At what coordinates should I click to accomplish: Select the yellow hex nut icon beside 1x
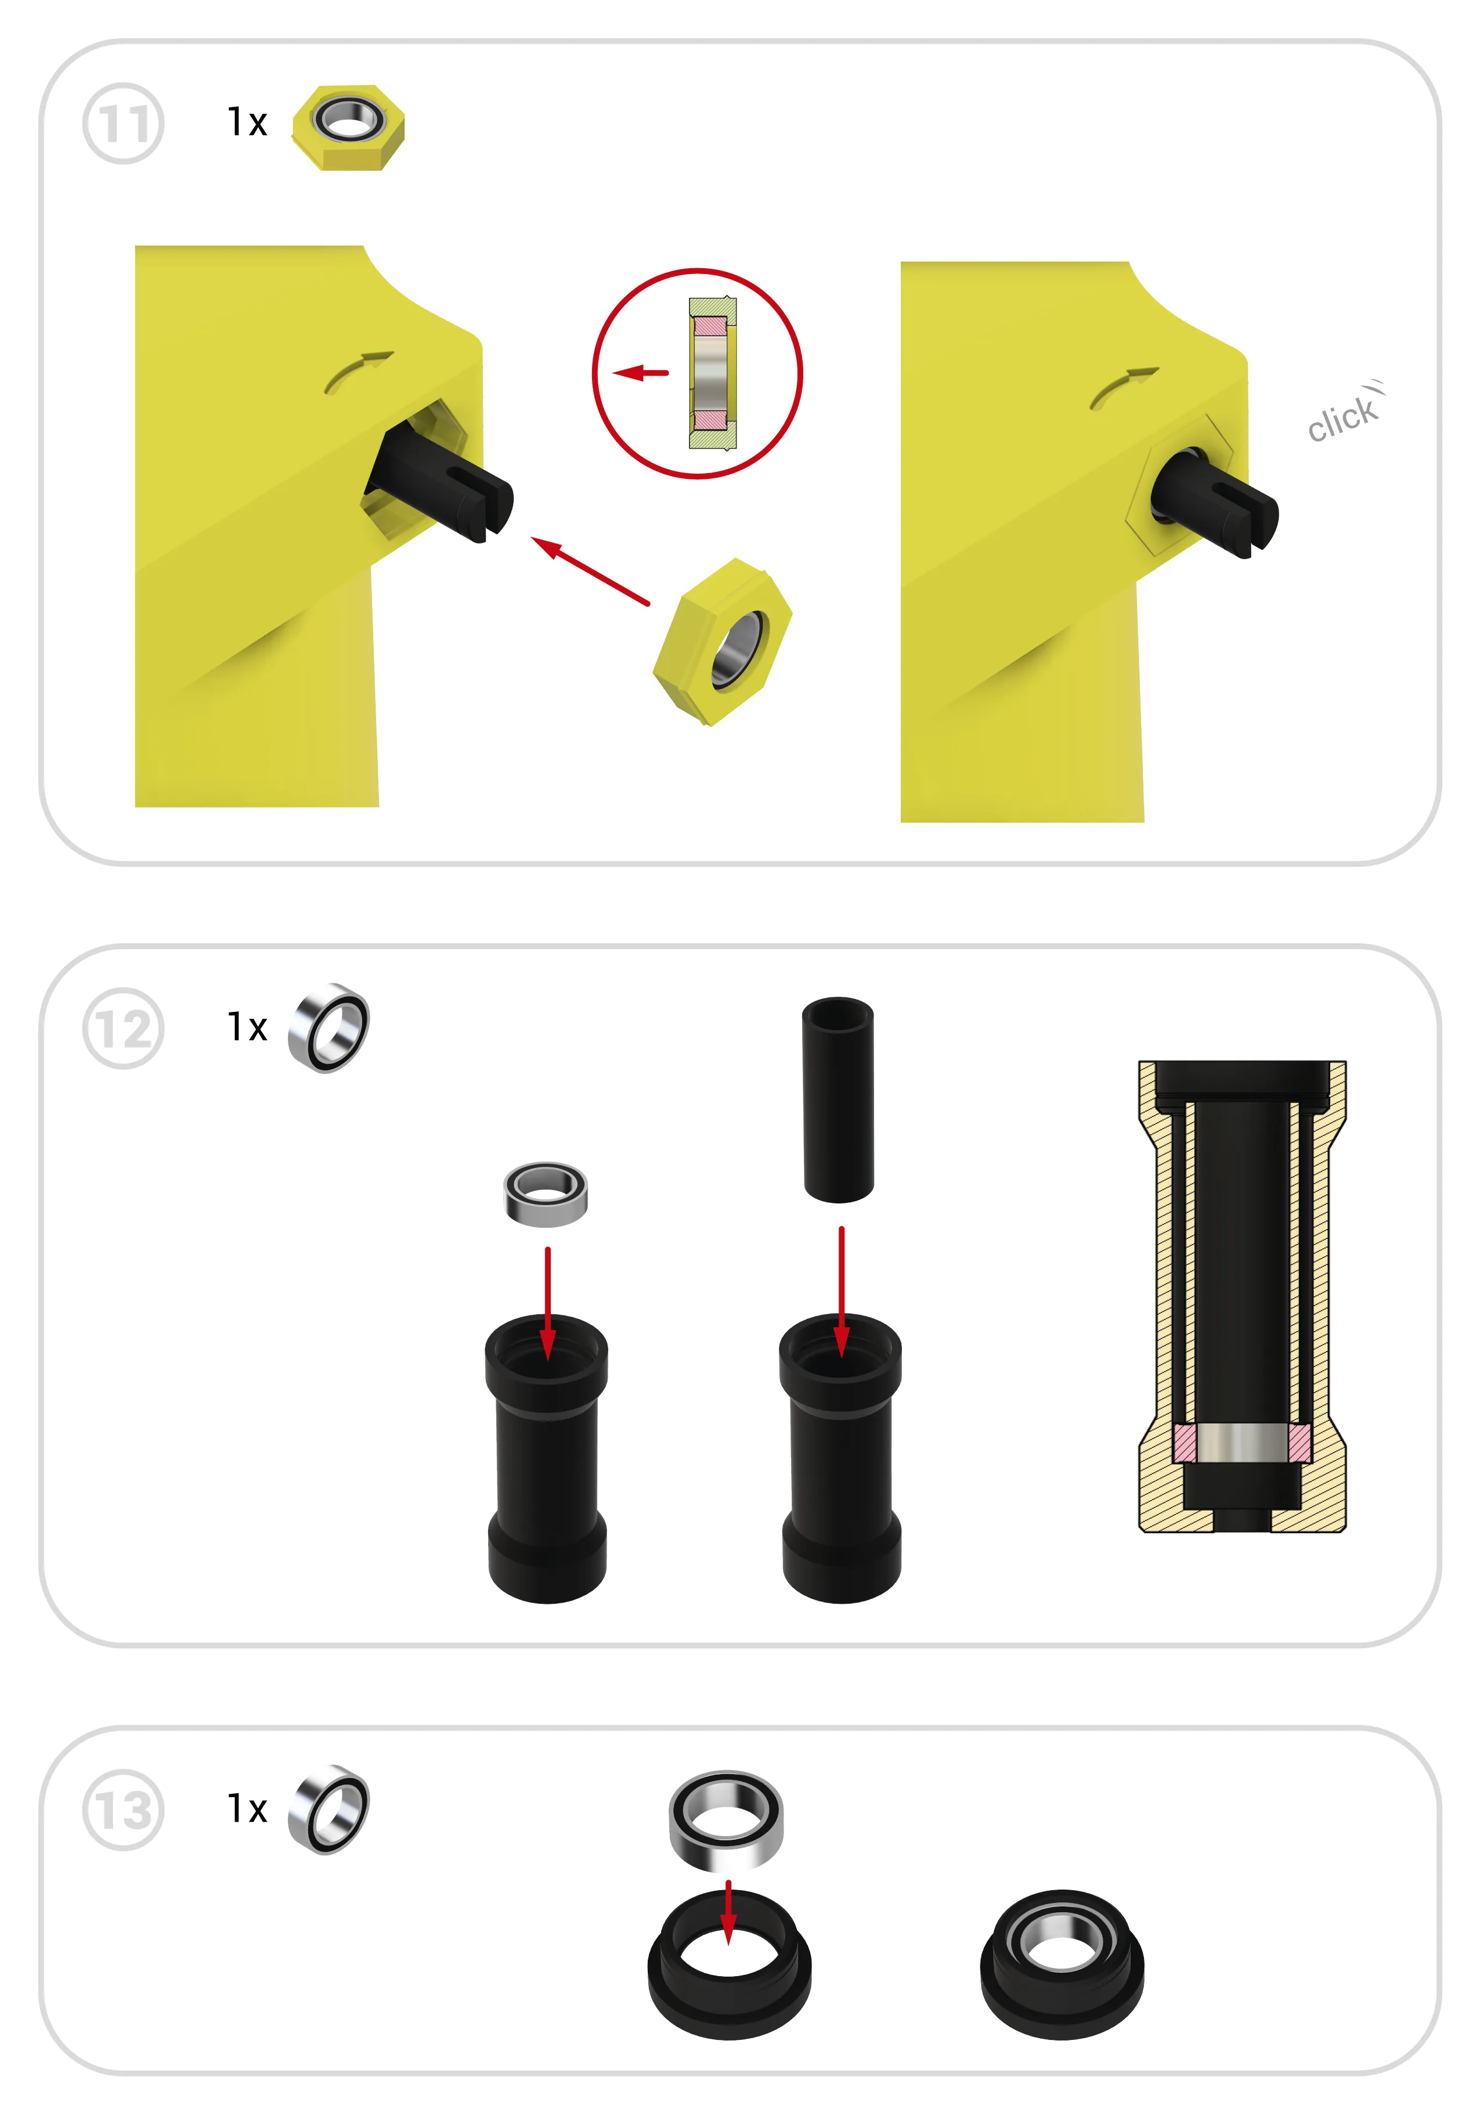348,127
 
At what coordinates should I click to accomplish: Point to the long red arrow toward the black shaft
590,571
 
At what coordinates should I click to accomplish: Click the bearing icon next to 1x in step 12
328,1028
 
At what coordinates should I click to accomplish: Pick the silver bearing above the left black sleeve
546,1194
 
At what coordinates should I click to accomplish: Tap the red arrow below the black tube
842,1292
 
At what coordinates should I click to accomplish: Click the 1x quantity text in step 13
247,1809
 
